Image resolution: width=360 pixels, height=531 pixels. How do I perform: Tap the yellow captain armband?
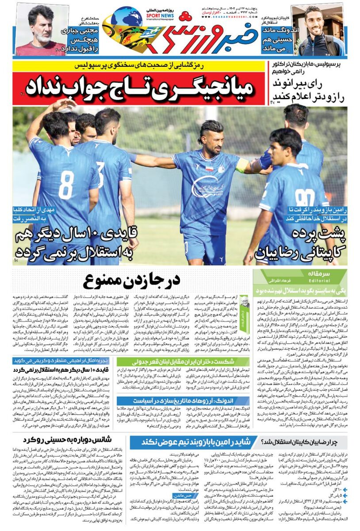[x=243, y=165]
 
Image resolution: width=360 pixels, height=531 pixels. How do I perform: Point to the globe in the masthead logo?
[x=126, y=18]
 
